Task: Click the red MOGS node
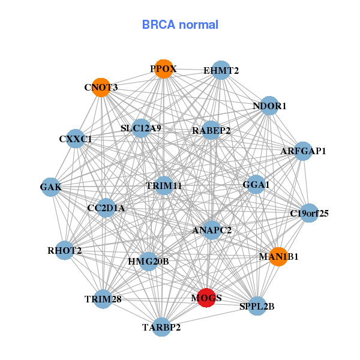[x=206, y=298]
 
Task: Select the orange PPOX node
[x=164, y=68]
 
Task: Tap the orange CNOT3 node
[x=101, y=87]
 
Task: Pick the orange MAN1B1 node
[x=278, y=256]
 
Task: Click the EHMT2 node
[x=221, y=70]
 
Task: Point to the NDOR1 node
[x=269, y=105]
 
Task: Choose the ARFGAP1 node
[x=303, y=151]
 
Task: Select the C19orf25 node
[x=309, y=212]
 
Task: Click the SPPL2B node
[x=257, y=306]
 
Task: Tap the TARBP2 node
[x=161, y=327]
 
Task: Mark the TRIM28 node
[x=103, y=299]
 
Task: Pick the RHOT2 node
[x=65, y=250]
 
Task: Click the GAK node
[x=51, y=187]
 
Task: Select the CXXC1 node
[x=75, y=139]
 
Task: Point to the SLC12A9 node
[x=141, y=127]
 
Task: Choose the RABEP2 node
[x=211, y=130]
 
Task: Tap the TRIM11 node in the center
[x=164, y=185]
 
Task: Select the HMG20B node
[x=149, y=262]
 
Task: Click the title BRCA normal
[x=180, y=25]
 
